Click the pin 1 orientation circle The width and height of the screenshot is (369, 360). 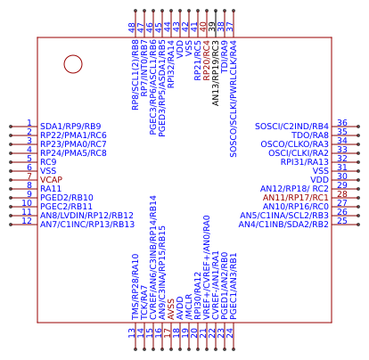(x=73, y=64)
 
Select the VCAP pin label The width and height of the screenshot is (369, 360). (x=52, y=179)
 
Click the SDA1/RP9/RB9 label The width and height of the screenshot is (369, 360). (x=71, y=127)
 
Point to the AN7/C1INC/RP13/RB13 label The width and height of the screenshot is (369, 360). (x=87, y=225)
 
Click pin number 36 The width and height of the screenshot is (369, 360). (x=342, y=123)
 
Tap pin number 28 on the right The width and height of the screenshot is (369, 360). (x=342, y=194)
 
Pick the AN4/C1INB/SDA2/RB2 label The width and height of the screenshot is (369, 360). (x=284, y=225)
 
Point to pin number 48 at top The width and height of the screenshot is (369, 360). (x=132, y=28)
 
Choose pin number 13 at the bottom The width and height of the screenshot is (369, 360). (x=132, y=332)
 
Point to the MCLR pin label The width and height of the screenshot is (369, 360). (x=189, y=307)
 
